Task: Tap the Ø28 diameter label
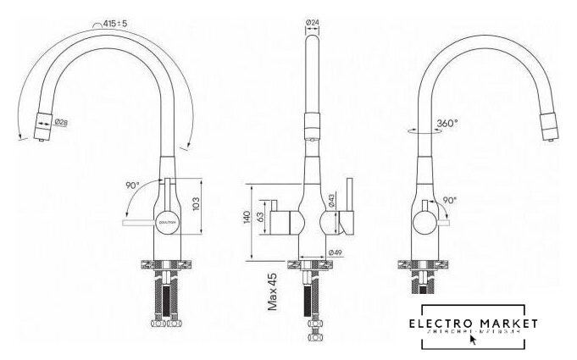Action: point(61,124)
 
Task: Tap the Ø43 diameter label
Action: point(332,200)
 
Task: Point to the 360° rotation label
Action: point(446,123)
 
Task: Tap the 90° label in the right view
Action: point(449,201)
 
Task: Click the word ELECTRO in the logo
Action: point(442,324)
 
